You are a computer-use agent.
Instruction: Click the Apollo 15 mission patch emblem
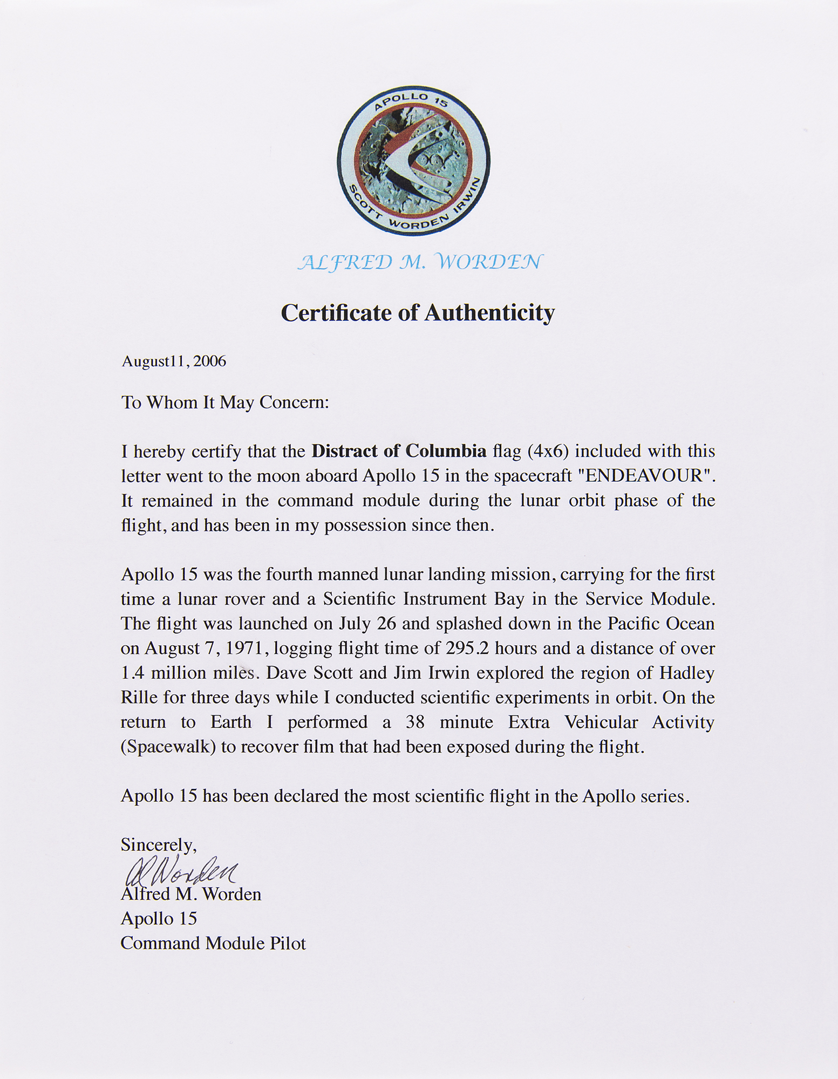[414, 160]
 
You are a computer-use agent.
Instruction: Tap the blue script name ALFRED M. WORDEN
[419, 262]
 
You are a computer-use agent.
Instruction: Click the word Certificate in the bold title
[337, 313]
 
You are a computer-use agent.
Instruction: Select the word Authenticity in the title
[489, 313]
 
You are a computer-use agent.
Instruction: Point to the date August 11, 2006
[174, 361]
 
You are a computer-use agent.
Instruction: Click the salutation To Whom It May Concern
[224, 402]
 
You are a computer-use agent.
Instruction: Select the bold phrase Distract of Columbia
[399, 451]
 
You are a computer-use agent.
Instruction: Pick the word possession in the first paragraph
[365, 525]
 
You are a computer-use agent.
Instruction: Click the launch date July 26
[367, 624]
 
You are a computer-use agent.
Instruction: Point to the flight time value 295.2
[467, 648]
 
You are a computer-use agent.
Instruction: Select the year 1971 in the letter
[241, 648]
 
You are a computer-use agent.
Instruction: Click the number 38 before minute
[415, 722]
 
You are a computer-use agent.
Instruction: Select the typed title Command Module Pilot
[213, 944]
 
